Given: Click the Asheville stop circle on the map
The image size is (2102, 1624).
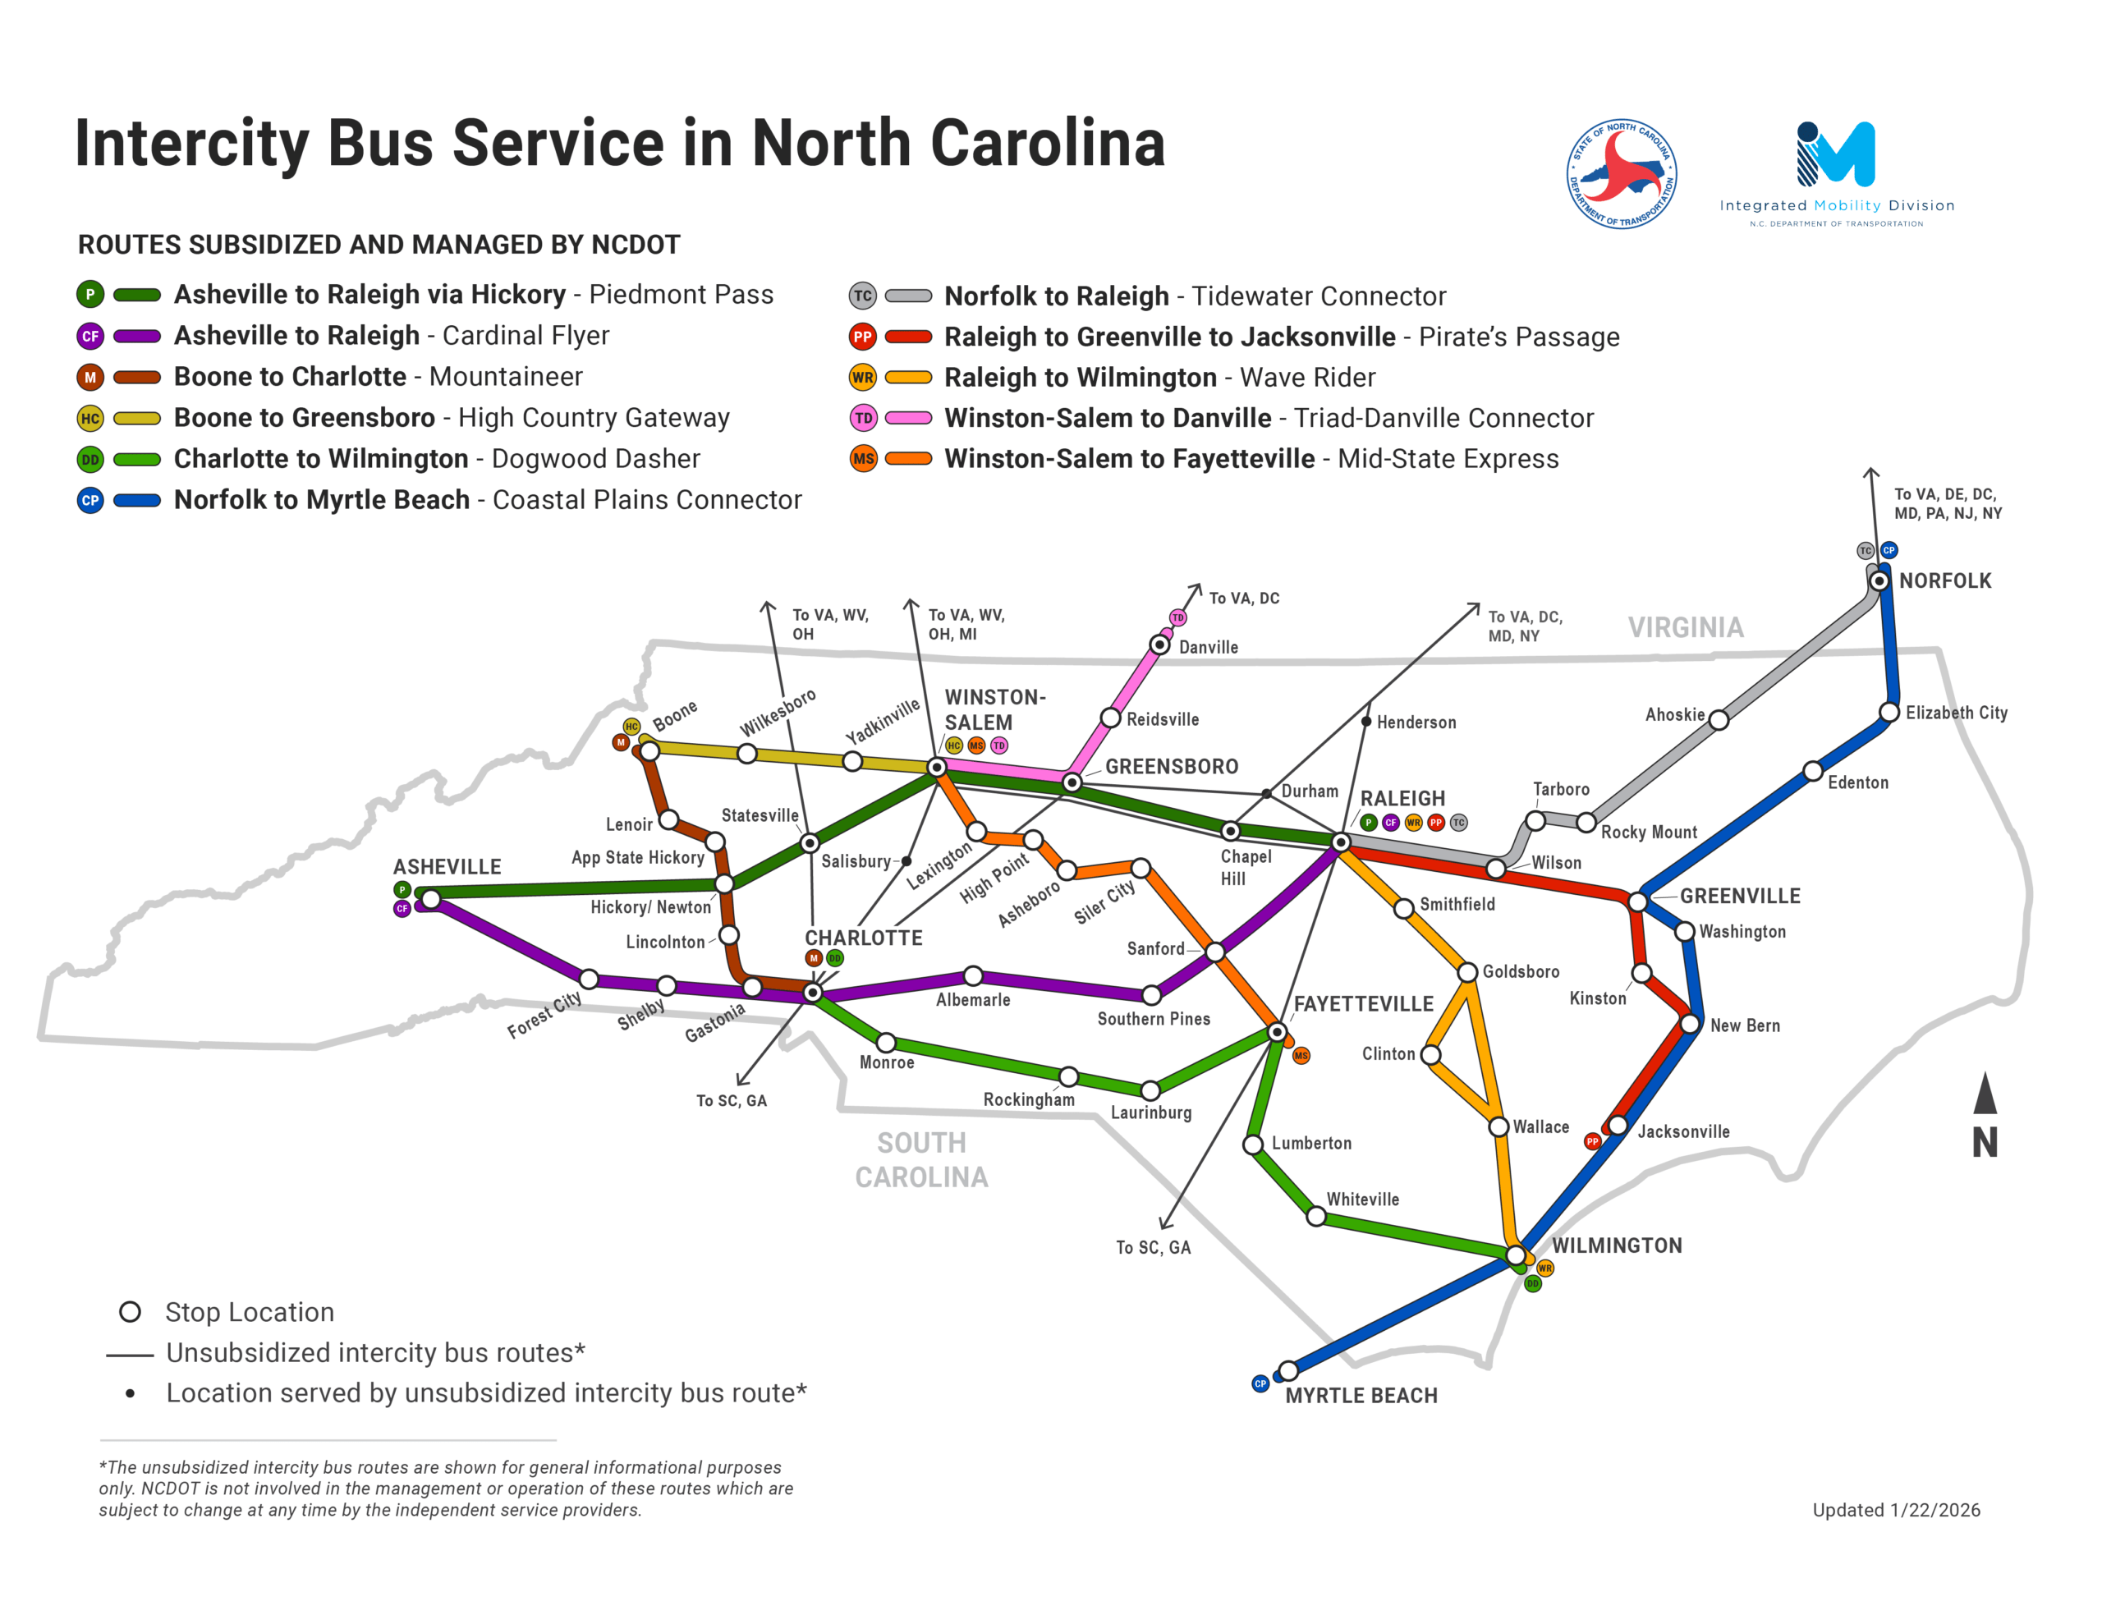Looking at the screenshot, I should tap(431, 899).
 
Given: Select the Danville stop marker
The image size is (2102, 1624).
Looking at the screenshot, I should tap(1161, 644).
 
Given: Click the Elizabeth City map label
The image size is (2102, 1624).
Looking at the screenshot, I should tap(1956, 713).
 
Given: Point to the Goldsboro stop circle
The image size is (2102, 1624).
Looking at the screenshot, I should tap(1466, 972).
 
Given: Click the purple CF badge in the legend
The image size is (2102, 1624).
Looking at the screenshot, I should tap(90, 336).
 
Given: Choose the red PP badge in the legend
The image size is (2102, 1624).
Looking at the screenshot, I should tap(862, 337).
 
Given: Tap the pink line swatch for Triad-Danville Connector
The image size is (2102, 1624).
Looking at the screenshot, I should tap(907, 418).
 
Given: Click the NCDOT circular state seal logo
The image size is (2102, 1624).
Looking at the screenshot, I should tap(1622, 174).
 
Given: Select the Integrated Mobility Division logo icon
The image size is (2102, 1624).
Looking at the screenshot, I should tap(1835, 154).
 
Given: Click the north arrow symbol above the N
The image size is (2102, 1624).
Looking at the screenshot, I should tap(1985, 1094).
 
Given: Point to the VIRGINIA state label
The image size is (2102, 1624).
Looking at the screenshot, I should tap(1685, 627).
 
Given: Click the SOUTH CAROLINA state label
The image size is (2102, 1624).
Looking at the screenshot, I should tap(921, 1160).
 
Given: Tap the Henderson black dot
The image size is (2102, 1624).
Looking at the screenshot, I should tap(1365, 721).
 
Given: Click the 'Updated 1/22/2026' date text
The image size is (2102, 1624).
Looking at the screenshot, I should tap(1896, 1509).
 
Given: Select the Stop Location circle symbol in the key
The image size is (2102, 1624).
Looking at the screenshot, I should tap(130, 1312).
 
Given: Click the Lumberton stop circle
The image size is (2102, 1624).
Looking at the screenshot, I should tap(1252, 1145).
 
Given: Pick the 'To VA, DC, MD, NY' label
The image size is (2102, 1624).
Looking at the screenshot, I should tap(1525, 626).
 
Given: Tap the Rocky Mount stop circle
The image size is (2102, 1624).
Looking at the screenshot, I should tap(1586, 822).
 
